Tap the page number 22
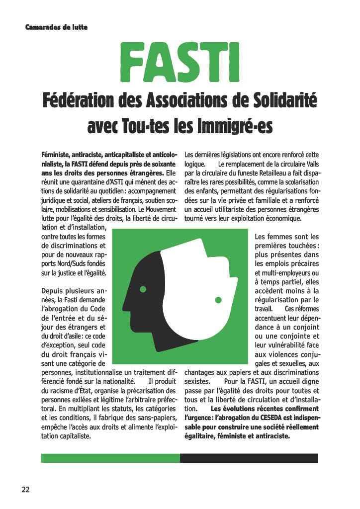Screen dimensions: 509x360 (25, 489)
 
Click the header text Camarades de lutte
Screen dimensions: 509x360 (56, 26)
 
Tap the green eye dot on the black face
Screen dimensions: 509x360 (143, 289)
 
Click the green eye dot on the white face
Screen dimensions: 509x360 (217, 300)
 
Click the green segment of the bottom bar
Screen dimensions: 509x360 (110, 458)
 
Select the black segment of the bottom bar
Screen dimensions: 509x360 (249, 458)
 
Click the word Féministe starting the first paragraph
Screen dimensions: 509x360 (57, 155)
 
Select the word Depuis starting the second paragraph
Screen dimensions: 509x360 (53, 291)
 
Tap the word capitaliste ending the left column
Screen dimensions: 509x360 (75, 436)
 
